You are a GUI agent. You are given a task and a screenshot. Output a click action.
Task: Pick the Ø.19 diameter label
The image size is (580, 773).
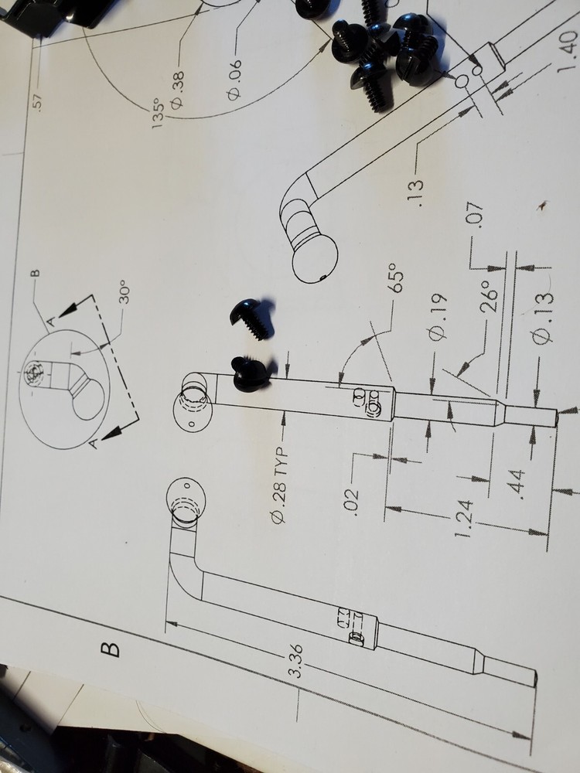(x=438, y=317)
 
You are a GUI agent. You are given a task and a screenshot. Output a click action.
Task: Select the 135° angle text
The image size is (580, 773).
(x=158, y=114)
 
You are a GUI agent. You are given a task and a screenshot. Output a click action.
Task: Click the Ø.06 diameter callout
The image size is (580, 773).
(x=235, y=80)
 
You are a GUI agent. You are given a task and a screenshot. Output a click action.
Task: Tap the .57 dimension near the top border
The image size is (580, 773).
(x=40, y=101)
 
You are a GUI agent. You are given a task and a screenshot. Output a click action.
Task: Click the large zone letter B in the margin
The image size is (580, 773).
(x=111, y=649)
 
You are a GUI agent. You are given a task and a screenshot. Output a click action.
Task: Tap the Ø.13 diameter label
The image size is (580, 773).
(x=543, y=318)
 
